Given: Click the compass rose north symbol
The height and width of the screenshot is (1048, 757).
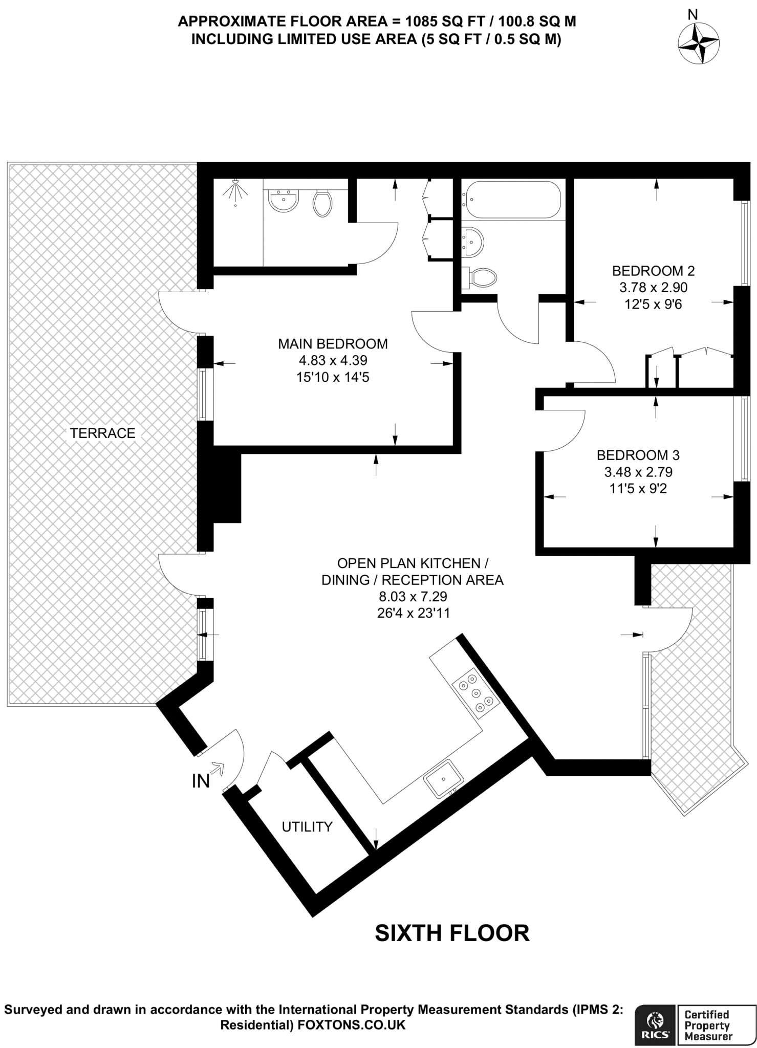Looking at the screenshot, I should click(x=698, y=43).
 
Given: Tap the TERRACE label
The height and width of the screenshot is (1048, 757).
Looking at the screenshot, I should click(x=102, y=433).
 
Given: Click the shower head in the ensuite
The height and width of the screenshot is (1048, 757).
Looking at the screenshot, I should click(x=235, y=190).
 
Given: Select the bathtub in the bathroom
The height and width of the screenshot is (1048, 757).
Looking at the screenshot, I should click(x=512, y=200).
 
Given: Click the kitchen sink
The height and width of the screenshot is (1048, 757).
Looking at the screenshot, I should click(x=443, y=779).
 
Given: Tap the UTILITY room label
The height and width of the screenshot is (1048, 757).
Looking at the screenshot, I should click(x=307, y=826).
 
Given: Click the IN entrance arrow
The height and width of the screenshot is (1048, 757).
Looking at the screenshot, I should click(x=217, y=768).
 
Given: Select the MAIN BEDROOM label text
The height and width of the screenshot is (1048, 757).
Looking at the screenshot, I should click(x=333, y=343).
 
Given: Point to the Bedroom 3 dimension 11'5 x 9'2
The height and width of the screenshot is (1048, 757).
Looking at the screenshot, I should click(x=638, y=489).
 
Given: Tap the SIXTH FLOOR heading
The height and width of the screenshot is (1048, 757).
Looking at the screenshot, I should click(x=452, y=933).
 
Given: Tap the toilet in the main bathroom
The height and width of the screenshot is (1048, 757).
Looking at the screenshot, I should click(x=480, y=278).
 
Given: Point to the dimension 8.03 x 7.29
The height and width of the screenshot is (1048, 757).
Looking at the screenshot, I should click(x=413, y=596).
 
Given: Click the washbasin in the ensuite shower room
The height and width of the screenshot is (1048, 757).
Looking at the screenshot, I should click(x=284, y=200).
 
